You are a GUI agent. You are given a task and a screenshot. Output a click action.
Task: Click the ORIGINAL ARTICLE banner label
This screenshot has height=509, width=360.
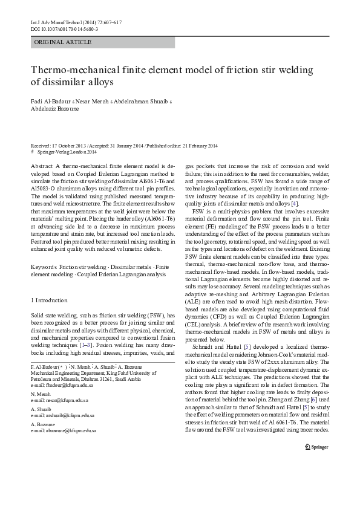pyautogui.click(x=63, y=42)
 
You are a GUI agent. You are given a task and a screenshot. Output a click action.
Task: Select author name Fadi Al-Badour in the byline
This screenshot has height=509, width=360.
pyautogui.click(x=50, y=100)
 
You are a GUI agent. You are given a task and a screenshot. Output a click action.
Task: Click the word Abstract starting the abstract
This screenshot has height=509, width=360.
pyautogui.click(x=41, y=166)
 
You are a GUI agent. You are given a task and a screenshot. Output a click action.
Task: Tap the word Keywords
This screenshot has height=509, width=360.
pyautogui.click(x=44, y=266)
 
